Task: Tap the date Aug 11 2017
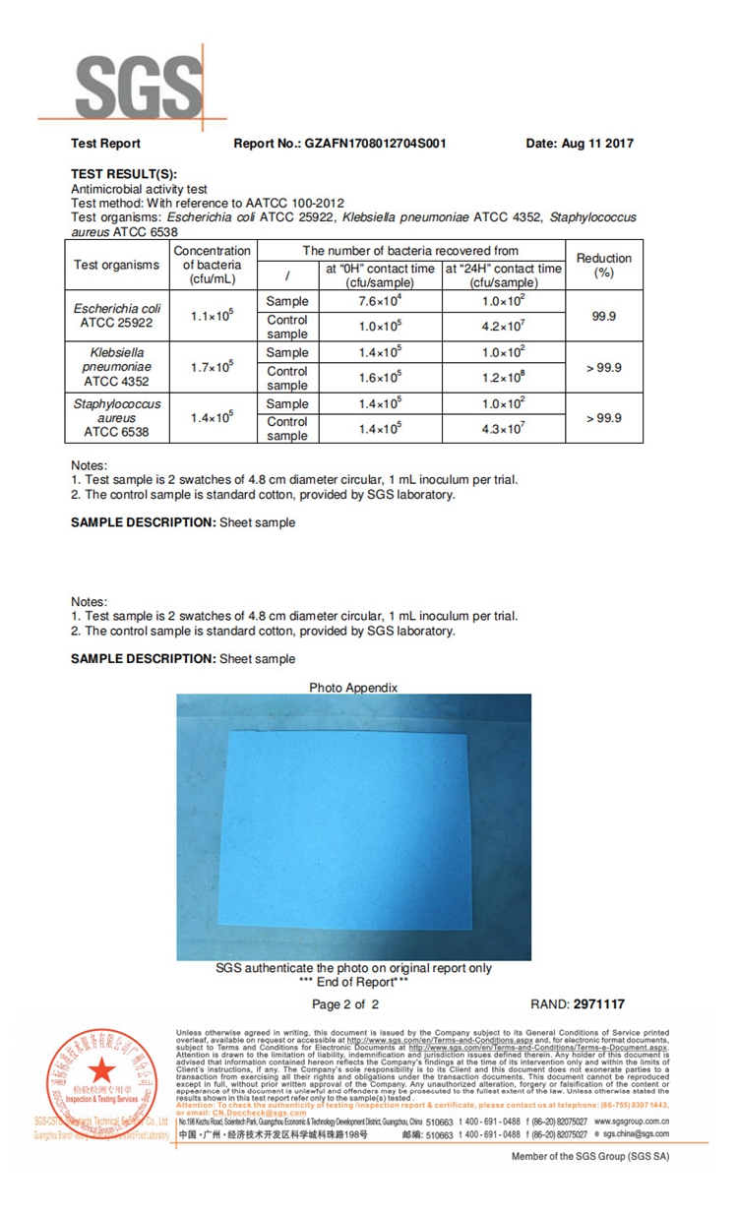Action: coord(580,144)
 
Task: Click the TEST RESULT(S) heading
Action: coord(124,174)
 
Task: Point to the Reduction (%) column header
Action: coord(604,265)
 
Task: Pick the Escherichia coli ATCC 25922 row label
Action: coord(117,315)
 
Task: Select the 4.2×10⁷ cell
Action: coord(503,327)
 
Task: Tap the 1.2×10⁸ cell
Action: coord(503,378)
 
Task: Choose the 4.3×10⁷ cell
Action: coord(503,429)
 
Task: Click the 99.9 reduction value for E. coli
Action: coord(604,316)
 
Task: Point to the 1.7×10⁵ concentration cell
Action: coord(212,367)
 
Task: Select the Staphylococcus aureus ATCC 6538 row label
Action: coord(117,418)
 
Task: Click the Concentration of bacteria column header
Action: coord(212,265)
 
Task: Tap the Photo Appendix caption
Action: coord(353,688)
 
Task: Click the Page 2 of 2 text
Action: coord(345,1004)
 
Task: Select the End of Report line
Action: coord(353,982)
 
